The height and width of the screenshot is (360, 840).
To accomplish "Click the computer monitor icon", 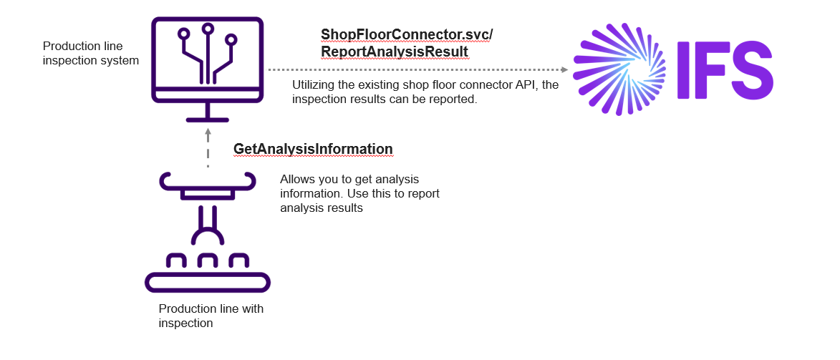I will [x=207, y=60].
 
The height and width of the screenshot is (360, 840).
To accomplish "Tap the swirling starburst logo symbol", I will [x=620, y=69].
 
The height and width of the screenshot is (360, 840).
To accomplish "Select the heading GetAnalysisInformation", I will [x=313, y=149].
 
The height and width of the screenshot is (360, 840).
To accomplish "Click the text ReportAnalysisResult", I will [x=395, y=52].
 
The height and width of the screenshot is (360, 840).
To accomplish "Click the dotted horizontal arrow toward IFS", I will [x=415, y=70].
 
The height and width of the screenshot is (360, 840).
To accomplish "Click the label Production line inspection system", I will [x=91, y=54].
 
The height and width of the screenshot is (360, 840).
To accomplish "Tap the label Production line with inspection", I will [x=211, y=316].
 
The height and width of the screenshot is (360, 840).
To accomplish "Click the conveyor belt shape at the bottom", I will [x=208, y=283].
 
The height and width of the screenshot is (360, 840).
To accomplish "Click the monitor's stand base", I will [x=207, y=119].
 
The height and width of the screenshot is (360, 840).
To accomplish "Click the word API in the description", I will [x=526, y=85].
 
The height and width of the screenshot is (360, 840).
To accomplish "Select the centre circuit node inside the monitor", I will [x=208, y=29].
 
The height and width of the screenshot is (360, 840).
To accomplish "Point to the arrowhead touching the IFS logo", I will [x=564, y=70].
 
